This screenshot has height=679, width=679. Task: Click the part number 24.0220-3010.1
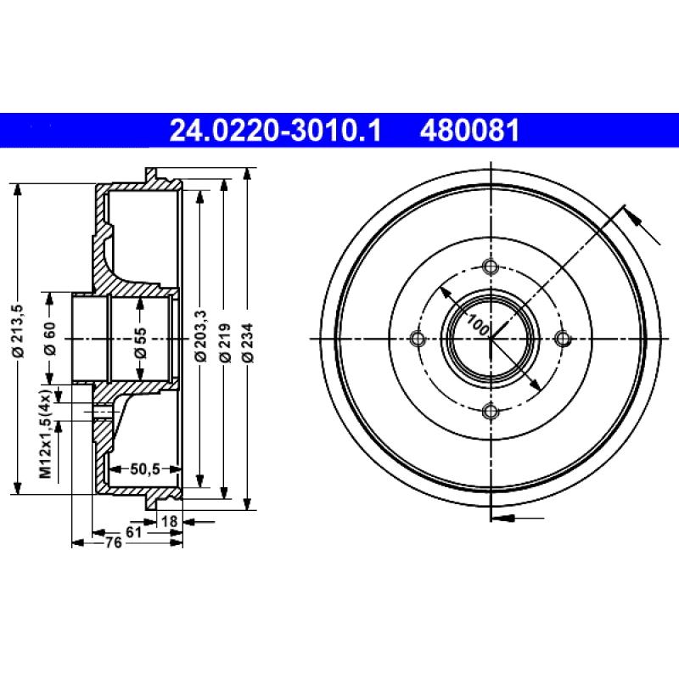point(276,132)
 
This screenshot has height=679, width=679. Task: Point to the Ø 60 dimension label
point(50,338)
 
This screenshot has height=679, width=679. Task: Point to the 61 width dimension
point(133,531)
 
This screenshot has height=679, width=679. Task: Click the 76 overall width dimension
point(111,543)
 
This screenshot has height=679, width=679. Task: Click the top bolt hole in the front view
point(490,267)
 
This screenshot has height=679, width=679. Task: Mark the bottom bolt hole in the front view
point(490,412)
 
